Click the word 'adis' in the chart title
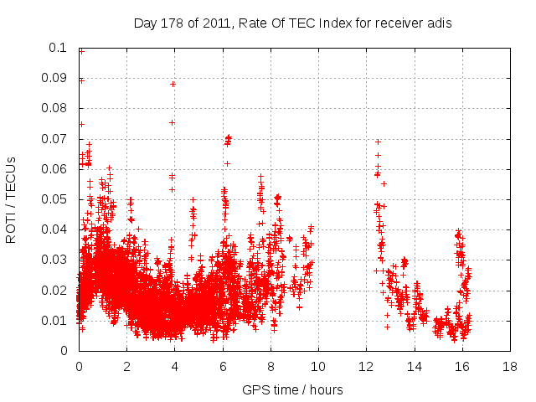tap(441, 23)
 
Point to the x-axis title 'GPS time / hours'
tap(292, 390)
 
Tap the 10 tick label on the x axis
tap(318, 366)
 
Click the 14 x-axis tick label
tap(414, 366)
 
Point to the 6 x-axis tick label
tap(222, 366)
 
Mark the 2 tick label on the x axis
tap(126, 366)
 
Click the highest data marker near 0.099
tap(81, 51)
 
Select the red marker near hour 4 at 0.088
tap(173, 84)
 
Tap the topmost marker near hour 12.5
tap(378, 142)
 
